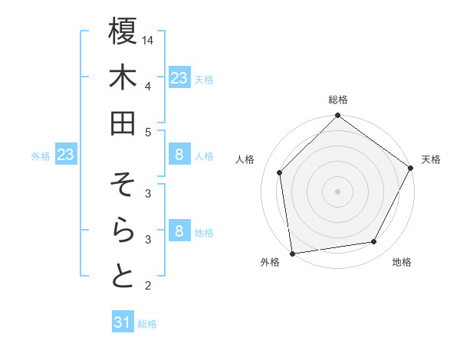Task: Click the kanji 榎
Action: point(123,32)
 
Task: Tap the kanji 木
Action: point(123,78)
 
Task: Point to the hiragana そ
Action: point(123,185)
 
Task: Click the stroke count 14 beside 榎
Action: point(149,39)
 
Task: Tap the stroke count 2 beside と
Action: point(147,286)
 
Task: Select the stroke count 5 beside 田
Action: point(147,131)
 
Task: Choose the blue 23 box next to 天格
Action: point(179,77)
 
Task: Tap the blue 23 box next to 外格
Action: point(66,155)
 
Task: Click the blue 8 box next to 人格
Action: point(179,155)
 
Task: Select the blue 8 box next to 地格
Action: point(179,231)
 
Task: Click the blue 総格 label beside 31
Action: point(147,324)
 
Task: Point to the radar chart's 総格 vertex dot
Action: point(337,116)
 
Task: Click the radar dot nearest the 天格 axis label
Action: point(411,169)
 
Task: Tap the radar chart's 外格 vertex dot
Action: point(292,253)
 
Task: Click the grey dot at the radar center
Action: point(337,191)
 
